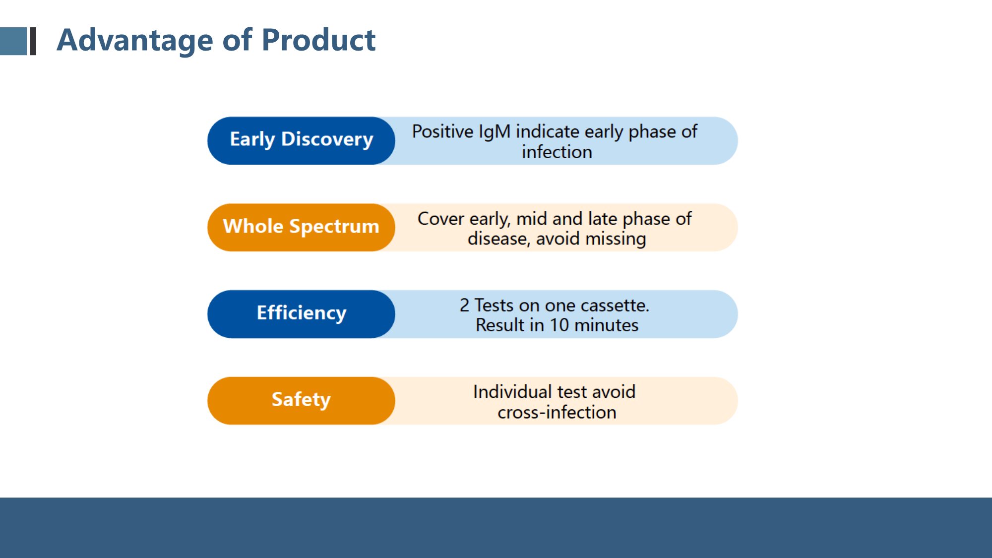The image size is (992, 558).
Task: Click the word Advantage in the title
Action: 135,41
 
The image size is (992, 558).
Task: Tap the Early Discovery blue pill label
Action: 301,141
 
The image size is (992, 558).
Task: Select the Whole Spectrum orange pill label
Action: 301,227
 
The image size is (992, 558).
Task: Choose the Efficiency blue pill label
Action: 301,314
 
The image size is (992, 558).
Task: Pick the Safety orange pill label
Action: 301,401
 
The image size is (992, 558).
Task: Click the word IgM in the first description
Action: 495,132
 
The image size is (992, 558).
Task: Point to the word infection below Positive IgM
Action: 557,152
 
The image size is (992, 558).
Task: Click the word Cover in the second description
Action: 441,219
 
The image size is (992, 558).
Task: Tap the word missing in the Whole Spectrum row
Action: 616,240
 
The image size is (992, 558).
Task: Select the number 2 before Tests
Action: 464,306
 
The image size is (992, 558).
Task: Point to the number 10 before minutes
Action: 559,325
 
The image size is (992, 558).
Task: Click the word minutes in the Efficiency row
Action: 606,325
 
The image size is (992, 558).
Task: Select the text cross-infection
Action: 557,413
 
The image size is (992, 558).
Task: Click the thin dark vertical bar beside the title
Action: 33,41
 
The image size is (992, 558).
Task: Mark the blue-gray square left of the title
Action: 13,41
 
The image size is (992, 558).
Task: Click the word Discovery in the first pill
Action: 327,140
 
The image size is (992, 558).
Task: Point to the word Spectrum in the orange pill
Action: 334,227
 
